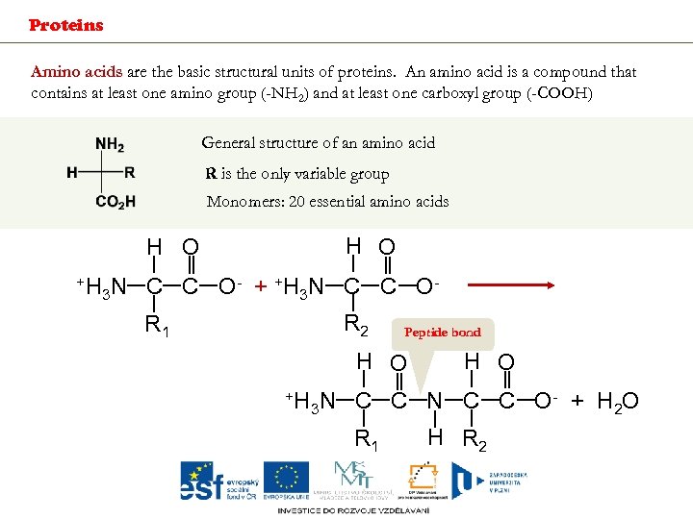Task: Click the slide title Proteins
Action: coord(65,25)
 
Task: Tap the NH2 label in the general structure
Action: coord(110,145)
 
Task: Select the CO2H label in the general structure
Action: coord(115,202)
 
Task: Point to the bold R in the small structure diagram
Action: coord(130,173)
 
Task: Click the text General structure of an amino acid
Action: coord(318,143)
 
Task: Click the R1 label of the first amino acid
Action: coord(157,325)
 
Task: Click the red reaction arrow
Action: coord(509,285)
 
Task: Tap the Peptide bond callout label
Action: coord(442,333)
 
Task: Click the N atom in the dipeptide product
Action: coord(435,401)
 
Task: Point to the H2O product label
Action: coord(617,401)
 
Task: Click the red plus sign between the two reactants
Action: coord(260,286)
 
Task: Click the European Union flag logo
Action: coord(287,480)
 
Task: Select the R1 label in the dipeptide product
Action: coord(366,439)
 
